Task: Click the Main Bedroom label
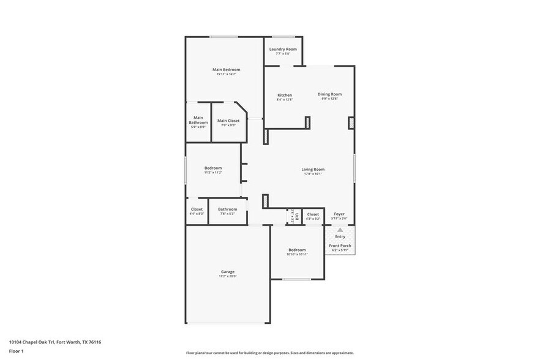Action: tap(225, 70)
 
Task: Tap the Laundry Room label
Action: tap(282, 49)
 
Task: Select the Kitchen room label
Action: tap(285, 95)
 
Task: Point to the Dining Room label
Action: tap(329, 94)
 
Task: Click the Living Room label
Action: tap(313, 170)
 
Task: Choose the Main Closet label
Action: tap(228, 121)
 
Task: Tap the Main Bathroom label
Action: tap(198, 120)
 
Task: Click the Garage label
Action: tap(228, 272)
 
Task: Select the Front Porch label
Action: tap(340, 246)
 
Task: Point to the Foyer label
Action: tap(339, 214)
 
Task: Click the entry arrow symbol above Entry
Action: tap(340, 230)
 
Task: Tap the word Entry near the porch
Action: tap(340, 236)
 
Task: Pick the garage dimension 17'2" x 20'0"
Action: tap(228, 276)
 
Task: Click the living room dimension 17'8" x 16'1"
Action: tap(313, 174)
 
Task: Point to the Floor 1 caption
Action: tap(16, 351)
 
